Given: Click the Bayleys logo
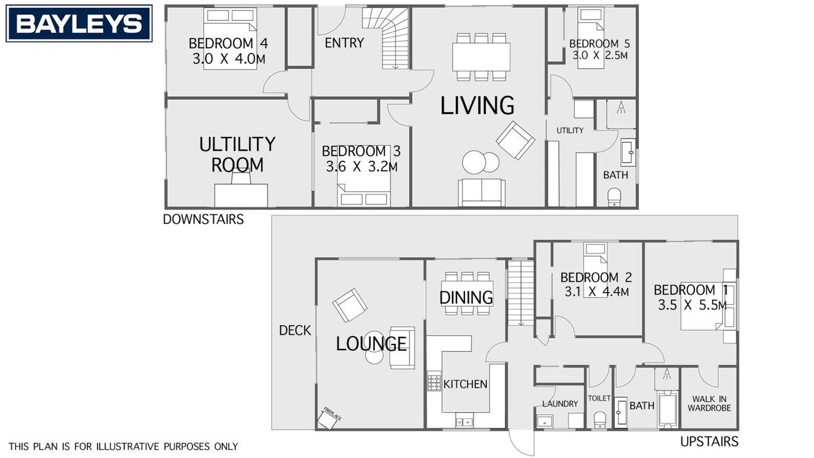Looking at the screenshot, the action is (x=79, y=23).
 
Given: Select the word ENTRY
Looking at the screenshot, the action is (x=344, y=43).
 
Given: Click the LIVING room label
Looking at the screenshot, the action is (x=477, y=105).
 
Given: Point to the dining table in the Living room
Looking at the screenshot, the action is (x=481, y=57).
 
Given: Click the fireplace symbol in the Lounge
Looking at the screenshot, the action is (x=329, y=418).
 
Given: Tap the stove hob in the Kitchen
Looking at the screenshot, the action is (x=434, y=382).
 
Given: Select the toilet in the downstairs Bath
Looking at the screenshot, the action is (x=614, y=197).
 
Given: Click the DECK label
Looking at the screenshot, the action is (x=295, y=330).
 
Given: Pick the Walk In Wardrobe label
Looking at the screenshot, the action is (x=709, y=404).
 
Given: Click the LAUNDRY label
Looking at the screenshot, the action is (x=560, y=404).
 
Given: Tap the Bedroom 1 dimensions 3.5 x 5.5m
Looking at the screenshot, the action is (x=693, y=305).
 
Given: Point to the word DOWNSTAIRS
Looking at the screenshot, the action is (x=203, y=219).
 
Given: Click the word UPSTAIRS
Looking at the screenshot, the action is (x=709, y=441).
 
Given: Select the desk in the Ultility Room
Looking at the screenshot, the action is (x=241, y=195).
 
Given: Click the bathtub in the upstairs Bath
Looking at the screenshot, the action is (x=668, y=409).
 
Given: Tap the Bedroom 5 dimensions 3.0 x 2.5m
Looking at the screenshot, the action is (x=600, y=55).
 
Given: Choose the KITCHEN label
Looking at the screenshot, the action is (x=465, y=384).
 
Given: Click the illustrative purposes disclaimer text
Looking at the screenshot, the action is (x=123, y=446).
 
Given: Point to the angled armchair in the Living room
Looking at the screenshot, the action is (x=516, y=140).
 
